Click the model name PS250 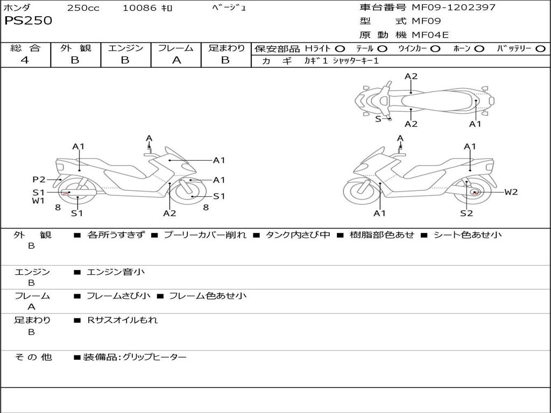pos(28,21)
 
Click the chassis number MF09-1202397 pos(454,8)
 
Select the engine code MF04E pos(430,35)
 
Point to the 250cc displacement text pos(83,8)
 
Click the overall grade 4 pos(25,60)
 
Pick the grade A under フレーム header pos(176,60)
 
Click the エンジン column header pos(125,48)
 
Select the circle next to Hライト pos(340,49)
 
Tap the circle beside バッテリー pos(540,49)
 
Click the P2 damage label pos(39,180)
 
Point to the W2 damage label pos(511,192)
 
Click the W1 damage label pos(38,201)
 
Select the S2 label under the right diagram pos(466,213)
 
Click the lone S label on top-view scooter pos(378,119)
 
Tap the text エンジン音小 pos(116,272)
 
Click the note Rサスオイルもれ pos(123,320)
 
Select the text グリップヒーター pos(154,357)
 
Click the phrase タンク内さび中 pos(298,235)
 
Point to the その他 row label pos(33,357)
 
